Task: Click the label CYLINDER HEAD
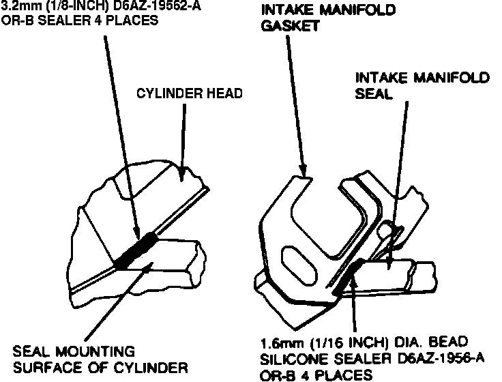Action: point(190,93)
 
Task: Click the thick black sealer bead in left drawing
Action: point(136,250)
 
